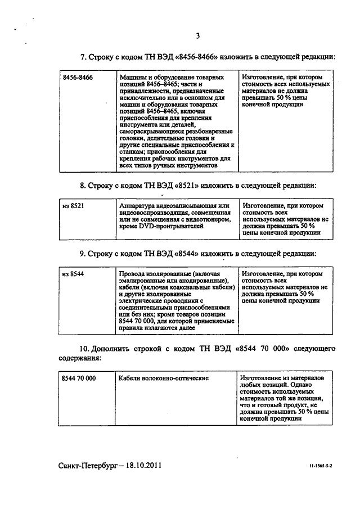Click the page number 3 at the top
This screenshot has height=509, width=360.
tap(197, 37)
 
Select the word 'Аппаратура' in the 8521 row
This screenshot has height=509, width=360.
tap(138, 206)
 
